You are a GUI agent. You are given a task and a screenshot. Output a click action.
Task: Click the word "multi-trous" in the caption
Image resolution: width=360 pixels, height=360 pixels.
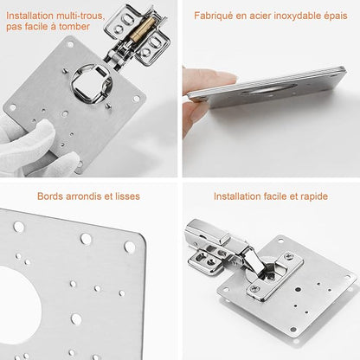click(80, 16)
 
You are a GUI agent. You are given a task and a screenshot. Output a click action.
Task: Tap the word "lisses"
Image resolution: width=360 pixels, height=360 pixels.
click(127, 196)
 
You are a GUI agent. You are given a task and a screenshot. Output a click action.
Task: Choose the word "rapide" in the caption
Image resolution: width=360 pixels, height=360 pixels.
click(314, 196)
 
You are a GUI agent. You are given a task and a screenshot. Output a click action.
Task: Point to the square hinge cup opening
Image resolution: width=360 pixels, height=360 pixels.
click(92, 83)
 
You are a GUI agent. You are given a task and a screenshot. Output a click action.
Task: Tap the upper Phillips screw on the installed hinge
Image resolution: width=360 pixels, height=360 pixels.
click(288, 256)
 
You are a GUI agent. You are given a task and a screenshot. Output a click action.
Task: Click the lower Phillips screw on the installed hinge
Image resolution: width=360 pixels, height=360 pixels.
click(254, 287)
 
